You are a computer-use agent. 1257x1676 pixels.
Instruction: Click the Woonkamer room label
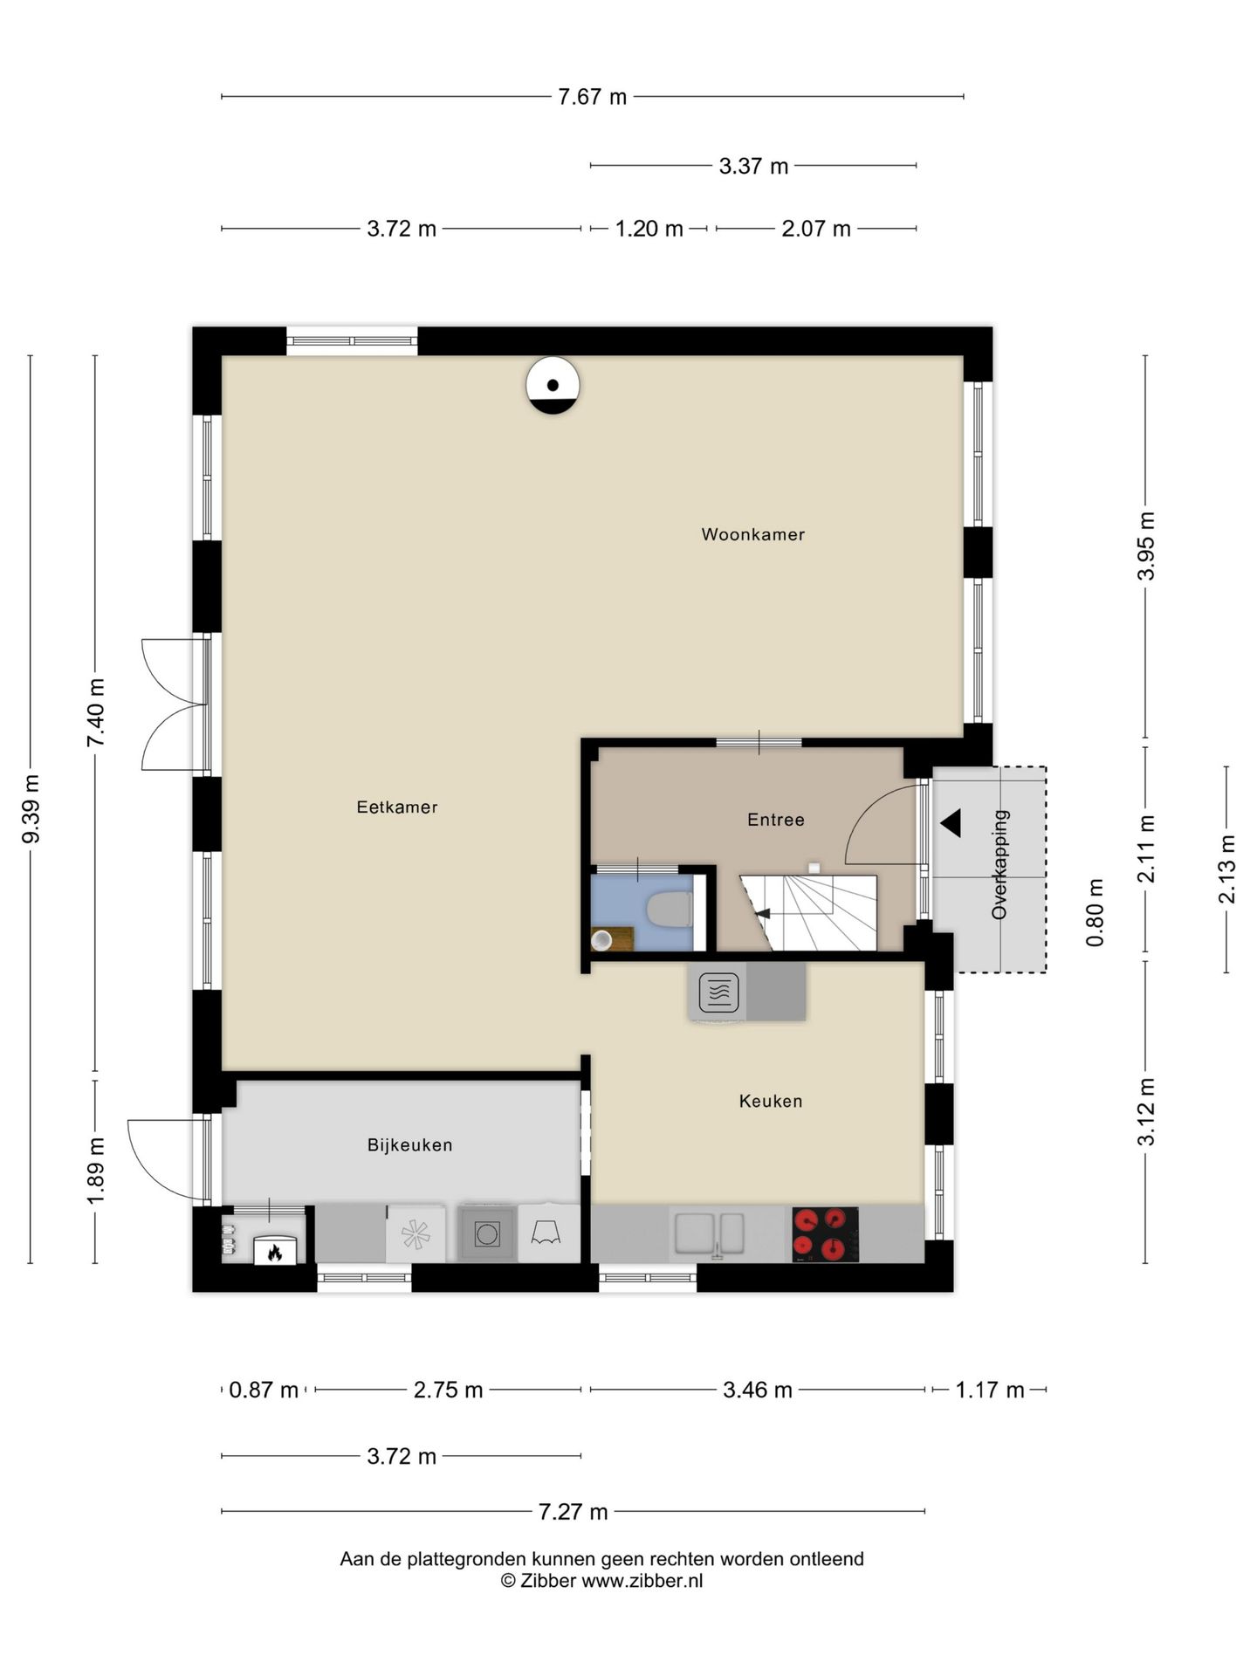point(752,534)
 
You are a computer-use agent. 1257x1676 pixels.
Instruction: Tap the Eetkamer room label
point(396,807)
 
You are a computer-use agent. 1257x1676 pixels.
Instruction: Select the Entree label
point(775,820)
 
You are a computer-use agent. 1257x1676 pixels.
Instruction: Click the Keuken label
point(770,1102)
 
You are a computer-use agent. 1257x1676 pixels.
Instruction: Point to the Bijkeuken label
point(409,1145)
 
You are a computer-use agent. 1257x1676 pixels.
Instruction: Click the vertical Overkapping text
point(999,864)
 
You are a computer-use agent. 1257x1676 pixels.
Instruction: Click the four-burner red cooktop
point(824,1234)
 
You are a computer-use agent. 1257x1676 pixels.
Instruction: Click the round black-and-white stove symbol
point(553,385)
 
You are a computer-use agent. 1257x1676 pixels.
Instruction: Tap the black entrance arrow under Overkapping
point(951,822)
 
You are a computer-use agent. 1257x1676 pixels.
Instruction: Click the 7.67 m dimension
point(592,97)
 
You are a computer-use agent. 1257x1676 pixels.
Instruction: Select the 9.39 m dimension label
point(31,809)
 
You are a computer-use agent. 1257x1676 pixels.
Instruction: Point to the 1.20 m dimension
point(649,229)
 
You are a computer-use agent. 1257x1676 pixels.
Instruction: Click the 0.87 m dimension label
point(263,1390)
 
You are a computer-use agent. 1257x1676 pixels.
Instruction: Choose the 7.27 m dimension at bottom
point(573,1511)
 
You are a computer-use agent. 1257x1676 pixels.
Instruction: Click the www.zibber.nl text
point(642,1581)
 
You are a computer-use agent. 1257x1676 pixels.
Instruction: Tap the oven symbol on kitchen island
point(718,993)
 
